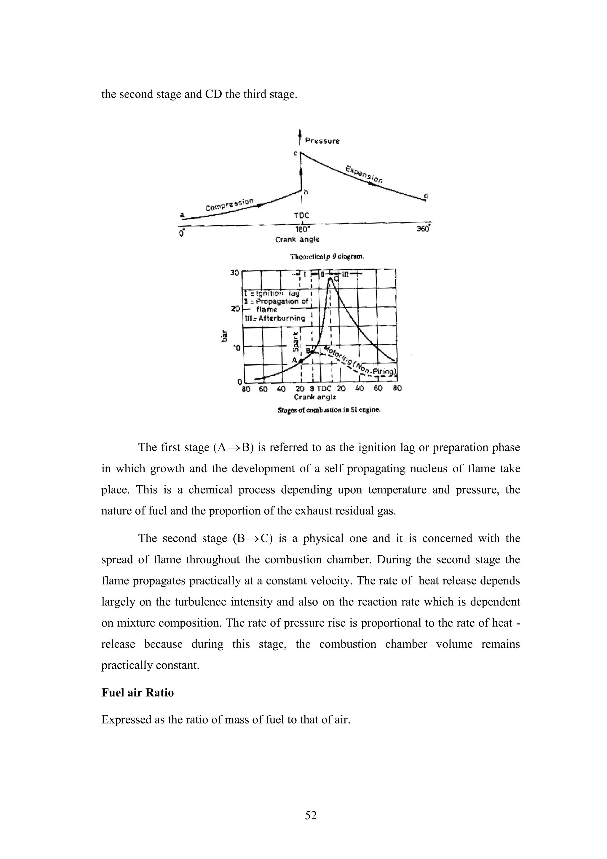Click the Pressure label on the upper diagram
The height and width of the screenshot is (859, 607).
tap(322, 141)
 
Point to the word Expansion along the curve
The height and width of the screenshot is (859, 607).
tap(364, 174)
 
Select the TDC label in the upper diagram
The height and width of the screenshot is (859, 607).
tap(301, 216)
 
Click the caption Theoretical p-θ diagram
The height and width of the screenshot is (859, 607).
tap(327, 257)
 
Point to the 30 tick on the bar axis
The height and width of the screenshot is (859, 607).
tap(234, 272)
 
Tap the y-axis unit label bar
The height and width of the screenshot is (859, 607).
tap(224, 336)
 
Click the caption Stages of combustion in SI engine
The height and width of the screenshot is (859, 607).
tap(329, 410)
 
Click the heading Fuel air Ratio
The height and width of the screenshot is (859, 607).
tap(138, 693)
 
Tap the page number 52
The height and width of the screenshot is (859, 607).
tap(311, 815)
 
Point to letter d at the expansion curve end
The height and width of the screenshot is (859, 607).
tap(426, 196)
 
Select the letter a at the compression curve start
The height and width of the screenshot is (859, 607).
tap(183, 215)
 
